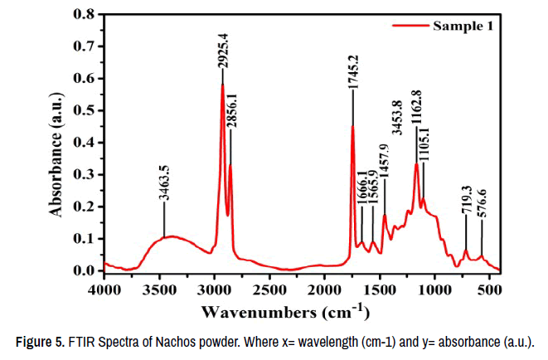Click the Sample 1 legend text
463,26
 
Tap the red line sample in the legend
409,26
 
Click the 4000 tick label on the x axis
105,289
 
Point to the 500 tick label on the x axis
490,289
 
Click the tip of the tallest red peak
222,85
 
